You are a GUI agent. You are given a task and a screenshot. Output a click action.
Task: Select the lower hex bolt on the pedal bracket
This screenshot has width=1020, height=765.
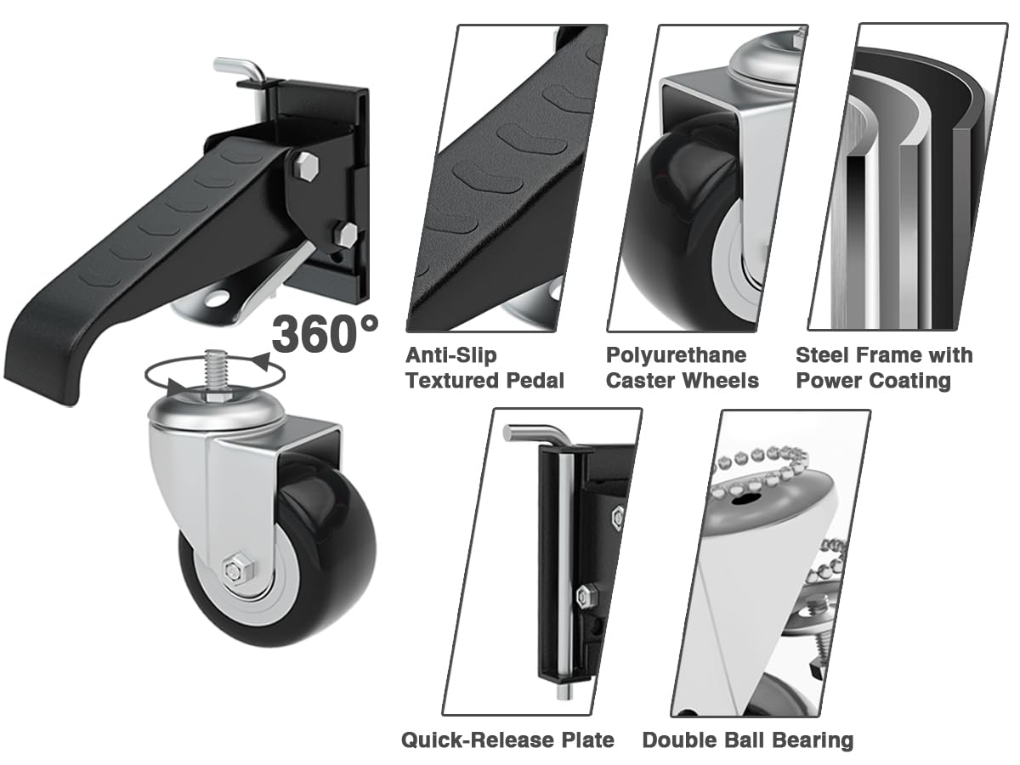point(344,233)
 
